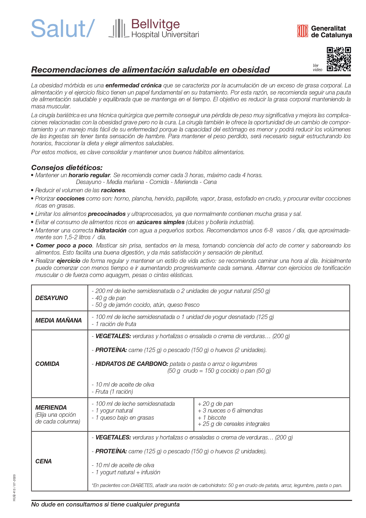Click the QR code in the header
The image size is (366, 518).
[x=339, y=59]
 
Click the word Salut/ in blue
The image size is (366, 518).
[x=63, y=29]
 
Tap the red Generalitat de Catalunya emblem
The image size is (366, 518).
[x=302, y=31]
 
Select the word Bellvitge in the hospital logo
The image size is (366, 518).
[x=155, y=24]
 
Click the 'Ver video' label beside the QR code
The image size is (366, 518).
[x=317, y=68]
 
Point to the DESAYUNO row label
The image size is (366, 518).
[x=52, y=298]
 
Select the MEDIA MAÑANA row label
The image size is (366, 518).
[x=58, y=320]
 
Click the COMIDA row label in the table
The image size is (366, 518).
[x=47, y=364]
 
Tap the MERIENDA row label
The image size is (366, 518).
[x=51, y=408]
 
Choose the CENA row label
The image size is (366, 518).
[x=43, y=461]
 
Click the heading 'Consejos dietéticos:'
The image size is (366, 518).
[x=67, y=168]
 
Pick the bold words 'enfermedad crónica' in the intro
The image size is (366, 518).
[x=133, y=86]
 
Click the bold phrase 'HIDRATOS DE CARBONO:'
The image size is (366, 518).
[x=132, y=364]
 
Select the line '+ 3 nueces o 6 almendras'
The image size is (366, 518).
[x=230, y=411]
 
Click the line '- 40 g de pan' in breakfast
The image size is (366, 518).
[x=109, y=298]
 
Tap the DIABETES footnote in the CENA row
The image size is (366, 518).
[x=217, y=485]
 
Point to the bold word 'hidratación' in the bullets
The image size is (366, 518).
[x=110, y=230]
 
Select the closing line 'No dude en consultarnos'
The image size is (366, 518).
[x=105, y=504]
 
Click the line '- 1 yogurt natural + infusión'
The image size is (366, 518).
[x=126, y=472]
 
